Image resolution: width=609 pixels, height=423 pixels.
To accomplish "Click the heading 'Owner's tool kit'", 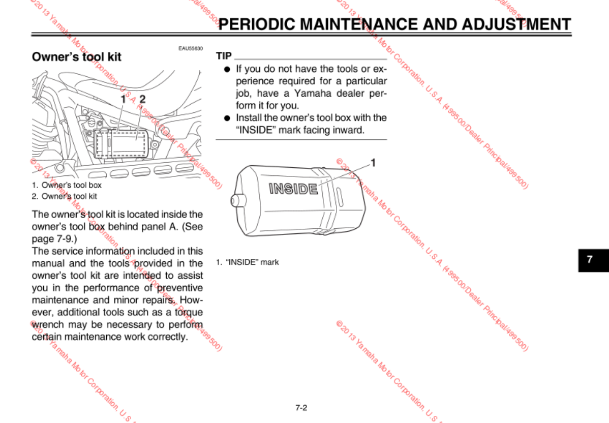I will [x=76, y=57].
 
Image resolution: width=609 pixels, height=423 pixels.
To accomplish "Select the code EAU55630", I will [x=190, y=48].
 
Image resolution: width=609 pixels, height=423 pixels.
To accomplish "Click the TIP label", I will [x=224, y=56].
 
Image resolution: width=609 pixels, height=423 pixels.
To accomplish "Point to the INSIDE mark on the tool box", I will [x=293, y=189].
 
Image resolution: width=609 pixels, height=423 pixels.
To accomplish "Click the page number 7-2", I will [x=301, y=407].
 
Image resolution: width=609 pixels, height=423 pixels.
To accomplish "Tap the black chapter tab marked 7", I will [x=590, y=259].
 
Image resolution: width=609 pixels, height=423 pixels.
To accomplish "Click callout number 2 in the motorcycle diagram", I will [x=142, y=98].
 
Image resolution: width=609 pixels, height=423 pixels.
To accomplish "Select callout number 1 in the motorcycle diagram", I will [x=123, y=98].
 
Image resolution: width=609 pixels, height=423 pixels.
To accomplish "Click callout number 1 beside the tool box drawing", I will [x=373, y=163].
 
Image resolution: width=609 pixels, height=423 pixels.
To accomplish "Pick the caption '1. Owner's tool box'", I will [x=67, y=185].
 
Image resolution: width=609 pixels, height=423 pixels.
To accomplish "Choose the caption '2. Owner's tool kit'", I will [x=64, y=196].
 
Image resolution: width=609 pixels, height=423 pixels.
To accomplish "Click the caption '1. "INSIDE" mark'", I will [x=247, y=262].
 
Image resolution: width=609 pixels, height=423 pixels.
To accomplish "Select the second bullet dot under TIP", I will [x=227, y=118].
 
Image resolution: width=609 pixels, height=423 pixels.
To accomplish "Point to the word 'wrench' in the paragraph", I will [x=48, y=324].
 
